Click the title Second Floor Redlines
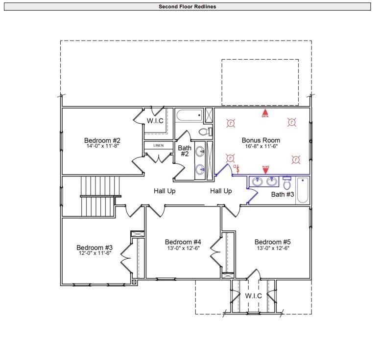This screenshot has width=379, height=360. (187, 7)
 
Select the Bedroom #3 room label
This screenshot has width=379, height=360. (95, 247)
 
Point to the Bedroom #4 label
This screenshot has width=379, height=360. (183, 242)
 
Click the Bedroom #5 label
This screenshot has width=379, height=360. (272, 242)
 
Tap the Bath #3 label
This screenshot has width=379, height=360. (283, 194)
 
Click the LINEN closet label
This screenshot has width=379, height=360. (158, 146)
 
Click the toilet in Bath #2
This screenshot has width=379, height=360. (205, 132)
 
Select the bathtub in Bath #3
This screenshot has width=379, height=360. (303, 190)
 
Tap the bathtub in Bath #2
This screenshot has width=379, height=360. (189, 116)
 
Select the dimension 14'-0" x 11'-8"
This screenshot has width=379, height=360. (102, 145)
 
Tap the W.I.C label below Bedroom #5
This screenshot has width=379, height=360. (253, 296)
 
